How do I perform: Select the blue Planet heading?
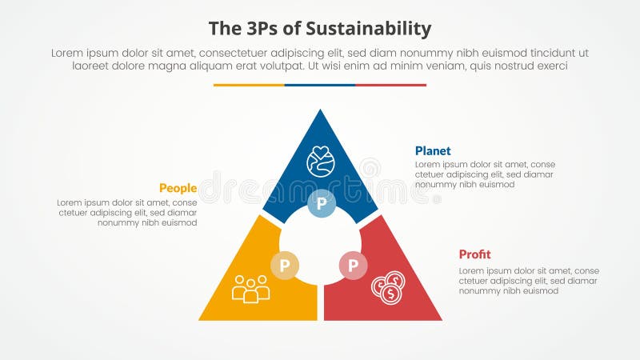point(433,150)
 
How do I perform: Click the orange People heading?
point(178,188)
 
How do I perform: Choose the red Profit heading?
point(474,254)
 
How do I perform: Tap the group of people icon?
point(250,289)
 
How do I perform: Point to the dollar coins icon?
point(388,287)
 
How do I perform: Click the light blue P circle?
point(321,203)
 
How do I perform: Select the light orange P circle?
point(285,265)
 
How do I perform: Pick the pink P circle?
point(353,265)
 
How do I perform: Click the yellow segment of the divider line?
point(249,85)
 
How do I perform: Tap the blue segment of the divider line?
point(320,85)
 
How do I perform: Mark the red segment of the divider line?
point(390,85)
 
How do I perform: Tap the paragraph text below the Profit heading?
point(528,281)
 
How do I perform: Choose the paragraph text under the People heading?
point(126,212)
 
